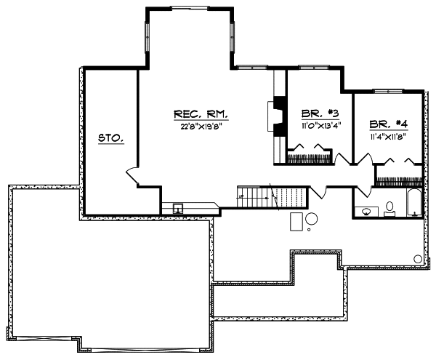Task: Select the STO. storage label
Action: tap(110, 137)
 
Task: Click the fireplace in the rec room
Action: tap(276, 115)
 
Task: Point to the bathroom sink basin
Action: tap(367, 212)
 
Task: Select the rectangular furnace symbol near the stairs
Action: tap(296, 221)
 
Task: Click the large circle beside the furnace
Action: tap(312, 219)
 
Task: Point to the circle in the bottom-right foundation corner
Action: tap(418, 259)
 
